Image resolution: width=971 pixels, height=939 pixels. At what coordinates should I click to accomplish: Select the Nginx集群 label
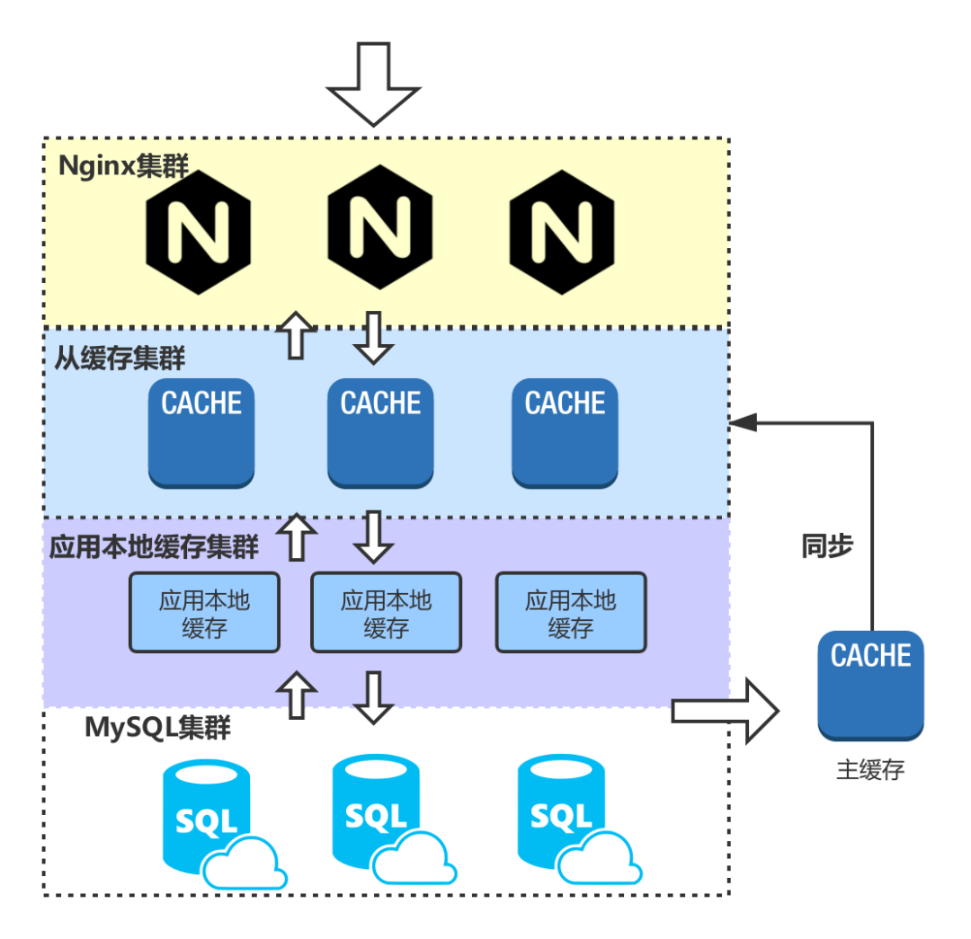123,166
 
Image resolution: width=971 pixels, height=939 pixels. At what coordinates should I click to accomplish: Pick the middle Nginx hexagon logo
379,226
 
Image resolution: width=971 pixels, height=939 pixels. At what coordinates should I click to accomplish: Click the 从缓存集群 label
120,358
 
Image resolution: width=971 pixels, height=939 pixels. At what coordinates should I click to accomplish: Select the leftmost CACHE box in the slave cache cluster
201,433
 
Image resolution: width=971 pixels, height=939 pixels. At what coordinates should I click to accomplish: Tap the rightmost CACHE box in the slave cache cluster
565,433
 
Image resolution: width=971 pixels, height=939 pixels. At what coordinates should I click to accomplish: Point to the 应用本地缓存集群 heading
154,546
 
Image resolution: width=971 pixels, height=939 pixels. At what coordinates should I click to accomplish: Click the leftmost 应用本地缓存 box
205,613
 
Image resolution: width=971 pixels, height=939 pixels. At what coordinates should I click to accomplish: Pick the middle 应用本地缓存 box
386,613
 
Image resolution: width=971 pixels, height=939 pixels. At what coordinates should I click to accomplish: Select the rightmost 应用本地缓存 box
571,613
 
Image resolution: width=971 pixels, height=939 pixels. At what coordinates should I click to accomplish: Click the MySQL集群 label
157,727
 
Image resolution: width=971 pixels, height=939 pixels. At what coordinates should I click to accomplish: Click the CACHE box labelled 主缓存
870,685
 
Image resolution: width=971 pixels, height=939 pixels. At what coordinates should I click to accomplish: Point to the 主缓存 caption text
870,770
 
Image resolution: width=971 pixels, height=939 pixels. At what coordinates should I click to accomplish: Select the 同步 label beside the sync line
827,545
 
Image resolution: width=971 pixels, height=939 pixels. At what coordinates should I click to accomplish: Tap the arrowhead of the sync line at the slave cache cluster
744,421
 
